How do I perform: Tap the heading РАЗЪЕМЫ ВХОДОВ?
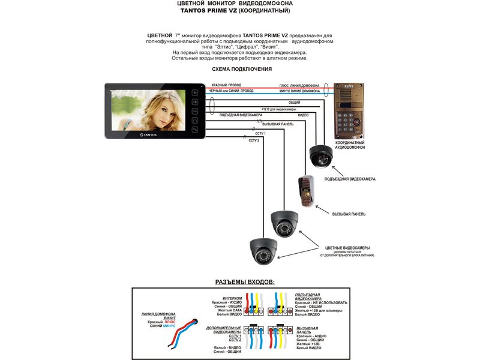coord(245,281)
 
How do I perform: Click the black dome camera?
coord(320,156)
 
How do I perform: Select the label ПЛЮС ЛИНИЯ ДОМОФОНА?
coord(299,85)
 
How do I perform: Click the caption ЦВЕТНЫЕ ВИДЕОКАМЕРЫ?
coord(347,248)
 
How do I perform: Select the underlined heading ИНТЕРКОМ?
coord(232,298)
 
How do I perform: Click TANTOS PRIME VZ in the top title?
coord(205,11)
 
